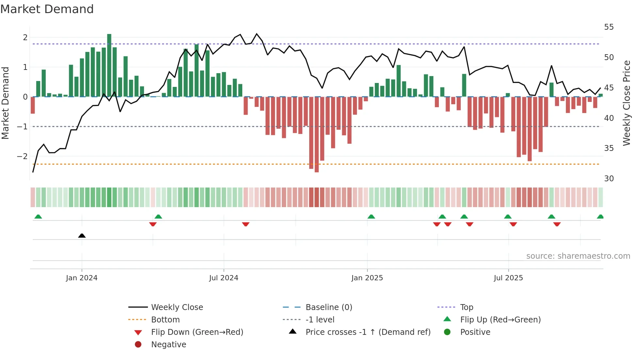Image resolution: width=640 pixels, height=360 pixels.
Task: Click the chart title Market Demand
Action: (x=47, y=9)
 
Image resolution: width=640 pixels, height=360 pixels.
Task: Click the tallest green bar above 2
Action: (x=109, y=65)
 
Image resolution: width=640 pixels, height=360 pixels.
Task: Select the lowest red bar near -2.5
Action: (x=316, y=134)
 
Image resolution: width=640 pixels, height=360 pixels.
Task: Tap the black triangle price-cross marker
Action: (x=82, y=236)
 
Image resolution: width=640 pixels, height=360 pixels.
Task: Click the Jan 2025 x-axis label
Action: (x=367, y=278)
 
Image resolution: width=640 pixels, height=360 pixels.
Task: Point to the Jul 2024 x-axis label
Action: (x=224, y=278)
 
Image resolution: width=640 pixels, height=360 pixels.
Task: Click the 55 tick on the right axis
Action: (x=609, y=27)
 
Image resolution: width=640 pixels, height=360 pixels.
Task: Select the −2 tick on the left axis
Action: (x=23, y=156)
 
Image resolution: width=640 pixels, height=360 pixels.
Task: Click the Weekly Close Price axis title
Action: (x=626, y=103)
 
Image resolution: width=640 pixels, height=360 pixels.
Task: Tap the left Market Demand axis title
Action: (x=5, y=103)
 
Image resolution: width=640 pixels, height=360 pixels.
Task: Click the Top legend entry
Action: (x=466, y=307)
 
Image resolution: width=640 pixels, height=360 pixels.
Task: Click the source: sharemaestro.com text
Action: (x=578, y=256)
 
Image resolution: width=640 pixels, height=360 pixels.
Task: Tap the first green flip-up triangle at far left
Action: (x=38, y=217)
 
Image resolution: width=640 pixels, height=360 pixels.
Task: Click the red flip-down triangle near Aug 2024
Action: (x=246, y=224)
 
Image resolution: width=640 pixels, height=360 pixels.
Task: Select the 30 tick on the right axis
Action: (x=609, y=179)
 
